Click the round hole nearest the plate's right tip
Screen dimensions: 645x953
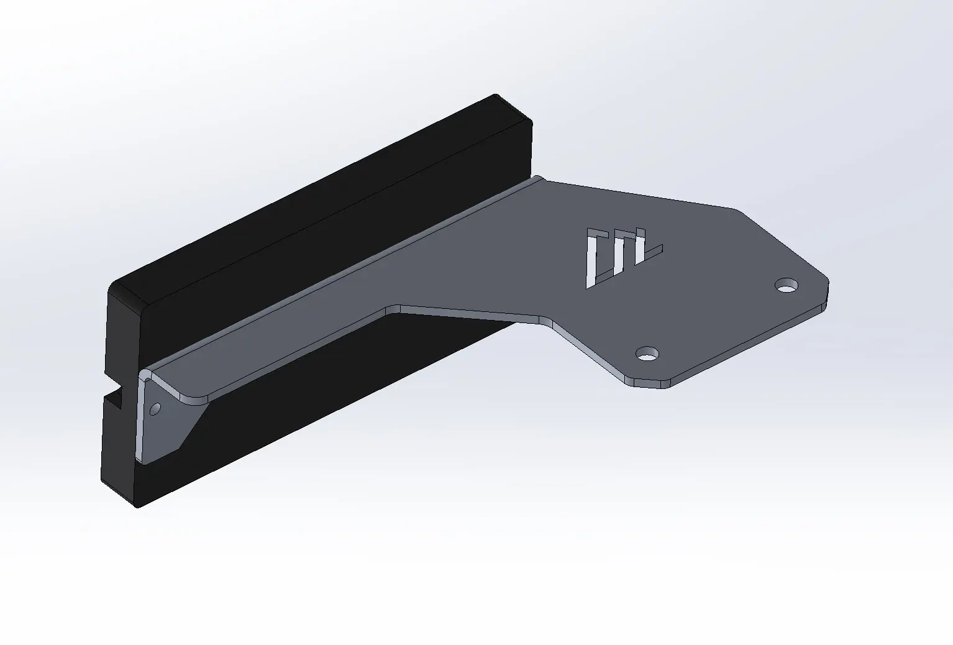point(787,285)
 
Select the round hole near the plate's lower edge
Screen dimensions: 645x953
point(647,355)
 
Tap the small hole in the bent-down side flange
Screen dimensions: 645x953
point(155,408)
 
